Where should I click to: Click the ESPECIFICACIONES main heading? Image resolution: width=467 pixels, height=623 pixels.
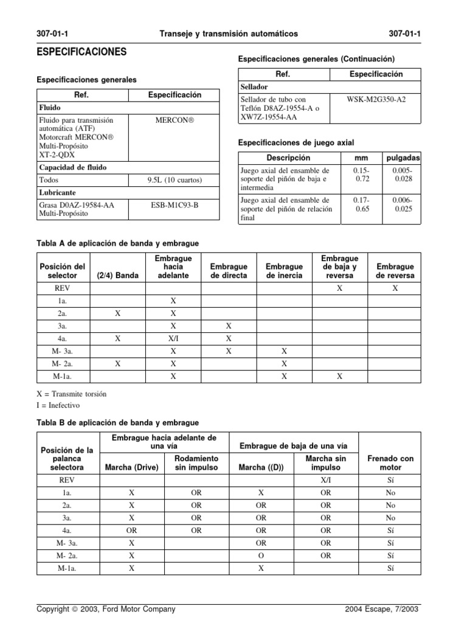pyautogui.click(x=82, y=52)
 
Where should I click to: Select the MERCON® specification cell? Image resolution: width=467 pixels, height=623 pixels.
pyautogui.click(x=174, y=120)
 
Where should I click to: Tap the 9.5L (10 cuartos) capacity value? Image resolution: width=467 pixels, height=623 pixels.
pyautogui.click(x=174, y=180)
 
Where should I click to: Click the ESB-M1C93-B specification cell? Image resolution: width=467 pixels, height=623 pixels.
pyautogui.click(x=174, y=205)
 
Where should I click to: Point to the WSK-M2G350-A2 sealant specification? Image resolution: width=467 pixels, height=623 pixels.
pyautogui.click(x=375, y=99)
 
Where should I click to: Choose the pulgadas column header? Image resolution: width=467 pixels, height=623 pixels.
pyautogui.click(x=402, y=158)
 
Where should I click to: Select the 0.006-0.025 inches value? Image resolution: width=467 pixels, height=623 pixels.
pyautogui.click(x=402, y=204)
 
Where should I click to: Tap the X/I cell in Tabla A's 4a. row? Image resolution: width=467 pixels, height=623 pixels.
pyautogui.click(x=173, y=338)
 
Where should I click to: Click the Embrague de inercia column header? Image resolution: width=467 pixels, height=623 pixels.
pyautogui.click(x=284, y=271)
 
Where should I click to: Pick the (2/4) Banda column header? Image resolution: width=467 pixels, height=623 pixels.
pyautogui.click(x=118, y=276)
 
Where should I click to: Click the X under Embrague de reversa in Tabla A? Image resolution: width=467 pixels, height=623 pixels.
pyautogui.click(x=395, y=288)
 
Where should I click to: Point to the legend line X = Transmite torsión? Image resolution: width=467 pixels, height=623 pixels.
pyautogui.click(x=72, y=394)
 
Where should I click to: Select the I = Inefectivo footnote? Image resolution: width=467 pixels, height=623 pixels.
pyautogui.click(x=58, y=405)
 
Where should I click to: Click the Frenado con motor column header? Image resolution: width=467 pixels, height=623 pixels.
pyautogui.click(x=390, y=463)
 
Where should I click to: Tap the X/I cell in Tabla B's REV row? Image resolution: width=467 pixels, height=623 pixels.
pyautogui.click(x=326, y=479)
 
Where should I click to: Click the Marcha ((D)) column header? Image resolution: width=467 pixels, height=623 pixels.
pyautogui.click(x=261, y=467)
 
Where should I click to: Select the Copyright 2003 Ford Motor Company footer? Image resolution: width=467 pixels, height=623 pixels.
pyautogui.click(x=106, y=609)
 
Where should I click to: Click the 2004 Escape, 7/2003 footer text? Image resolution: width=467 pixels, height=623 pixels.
pyautogui.click(x=381, y=609)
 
